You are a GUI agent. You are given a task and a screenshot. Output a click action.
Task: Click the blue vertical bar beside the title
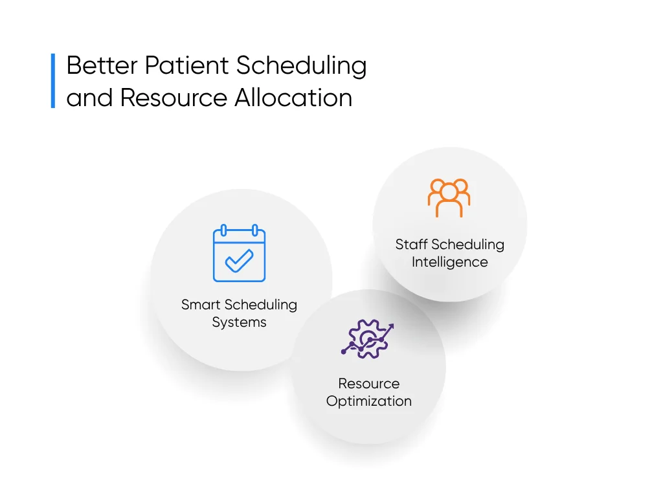click(53, 81)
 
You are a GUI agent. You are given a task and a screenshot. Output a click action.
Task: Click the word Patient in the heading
click(186, 65)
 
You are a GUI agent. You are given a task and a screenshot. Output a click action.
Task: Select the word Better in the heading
click(102, 65)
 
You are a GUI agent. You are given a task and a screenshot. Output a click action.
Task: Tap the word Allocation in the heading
click(293, 98)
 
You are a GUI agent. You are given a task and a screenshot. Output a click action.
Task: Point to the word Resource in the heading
click(174, 98)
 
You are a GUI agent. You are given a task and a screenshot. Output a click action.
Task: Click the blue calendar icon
click(240, 253)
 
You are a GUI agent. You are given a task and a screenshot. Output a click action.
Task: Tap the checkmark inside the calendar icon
click(240, 261)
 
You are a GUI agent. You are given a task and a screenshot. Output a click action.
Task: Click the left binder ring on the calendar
click(223, 230)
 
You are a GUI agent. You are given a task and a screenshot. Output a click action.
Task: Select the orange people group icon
click(449, 198)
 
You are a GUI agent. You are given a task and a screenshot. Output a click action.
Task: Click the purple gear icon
click(367, 339)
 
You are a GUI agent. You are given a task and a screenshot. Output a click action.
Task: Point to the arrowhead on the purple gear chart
click(390, 327)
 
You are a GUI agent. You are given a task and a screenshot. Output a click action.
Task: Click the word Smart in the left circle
click(201, 305)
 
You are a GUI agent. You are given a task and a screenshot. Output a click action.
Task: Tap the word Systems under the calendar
click(240, 322)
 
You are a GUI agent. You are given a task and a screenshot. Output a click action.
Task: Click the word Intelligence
click(450, 262)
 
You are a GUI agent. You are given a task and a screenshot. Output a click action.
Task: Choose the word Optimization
click(368, 401)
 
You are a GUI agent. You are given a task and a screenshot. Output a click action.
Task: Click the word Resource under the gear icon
click(368, 383)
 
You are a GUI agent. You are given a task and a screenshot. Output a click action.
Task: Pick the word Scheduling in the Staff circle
click(467, 245)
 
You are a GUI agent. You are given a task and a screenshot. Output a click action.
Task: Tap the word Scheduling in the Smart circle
click(260, 305)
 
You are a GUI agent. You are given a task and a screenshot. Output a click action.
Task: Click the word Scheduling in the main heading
click(301, 67)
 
